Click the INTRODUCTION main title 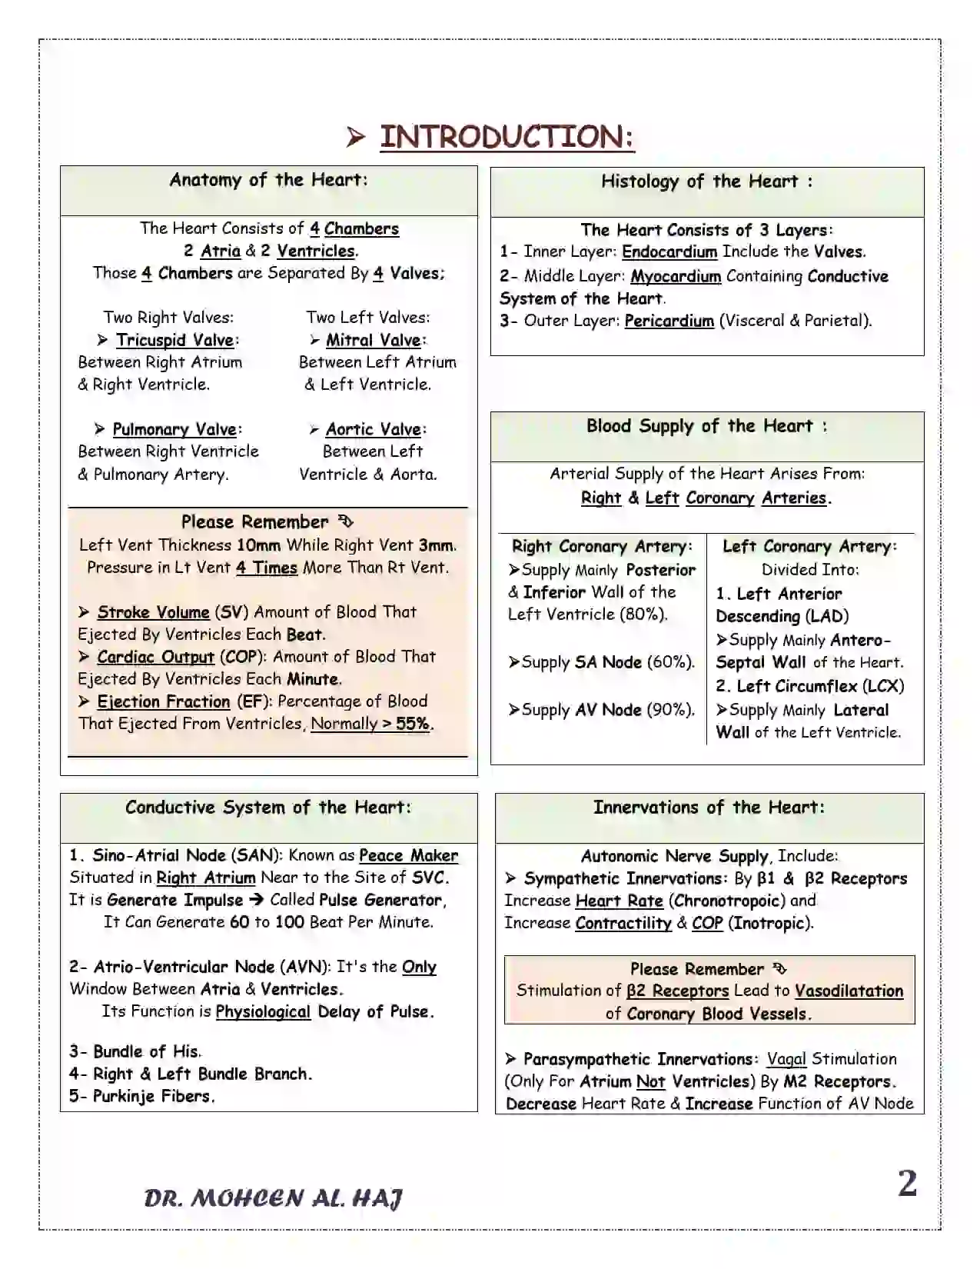[507, 137]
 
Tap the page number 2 [907, 1184]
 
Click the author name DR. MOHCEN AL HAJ [273, 1197]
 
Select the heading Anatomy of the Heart [268, 180]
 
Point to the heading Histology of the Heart [706, 182]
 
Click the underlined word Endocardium [669, 251]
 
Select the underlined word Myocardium [676, 276]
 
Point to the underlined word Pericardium [669, 321]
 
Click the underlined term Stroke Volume [153, 612]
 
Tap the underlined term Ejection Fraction [163, 701]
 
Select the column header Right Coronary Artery [602, 547]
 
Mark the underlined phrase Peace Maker [408, 855]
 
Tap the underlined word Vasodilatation [849, 991]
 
